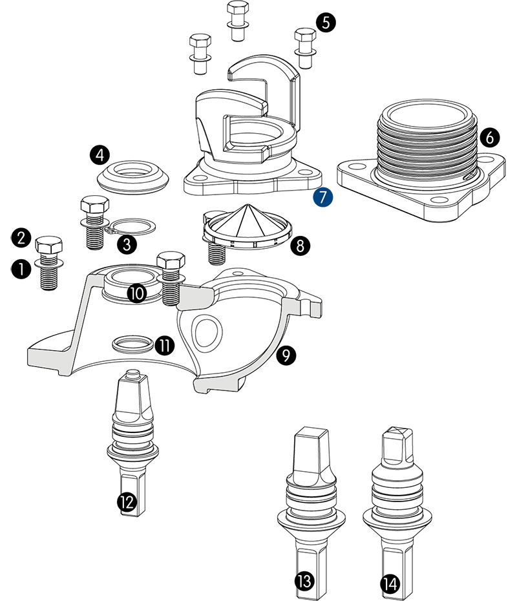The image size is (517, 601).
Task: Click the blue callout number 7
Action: pos(322,197)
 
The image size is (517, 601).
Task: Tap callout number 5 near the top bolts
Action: pos(325,23)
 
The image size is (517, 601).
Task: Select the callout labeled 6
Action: pos(489,137)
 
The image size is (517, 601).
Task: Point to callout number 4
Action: pos(99,155)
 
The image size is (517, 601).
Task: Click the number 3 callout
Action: pos(127,244)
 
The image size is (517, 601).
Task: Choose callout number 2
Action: pos(21,238)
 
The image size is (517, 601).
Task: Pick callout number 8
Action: pos(300,246)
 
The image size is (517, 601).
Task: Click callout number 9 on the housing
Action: pos(285,354)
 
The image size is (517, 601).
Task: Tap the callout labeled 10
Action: pos(136,293)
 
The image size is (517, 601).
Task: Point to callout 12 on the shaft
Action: pos(127,501)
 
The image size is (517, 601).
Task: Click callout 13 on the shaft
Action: pos(304,581)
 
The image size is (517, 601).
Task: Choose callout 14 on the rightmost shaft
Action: pos(390,584)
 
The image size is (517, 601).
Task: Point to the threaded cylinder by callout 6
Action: pos(427,145)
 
